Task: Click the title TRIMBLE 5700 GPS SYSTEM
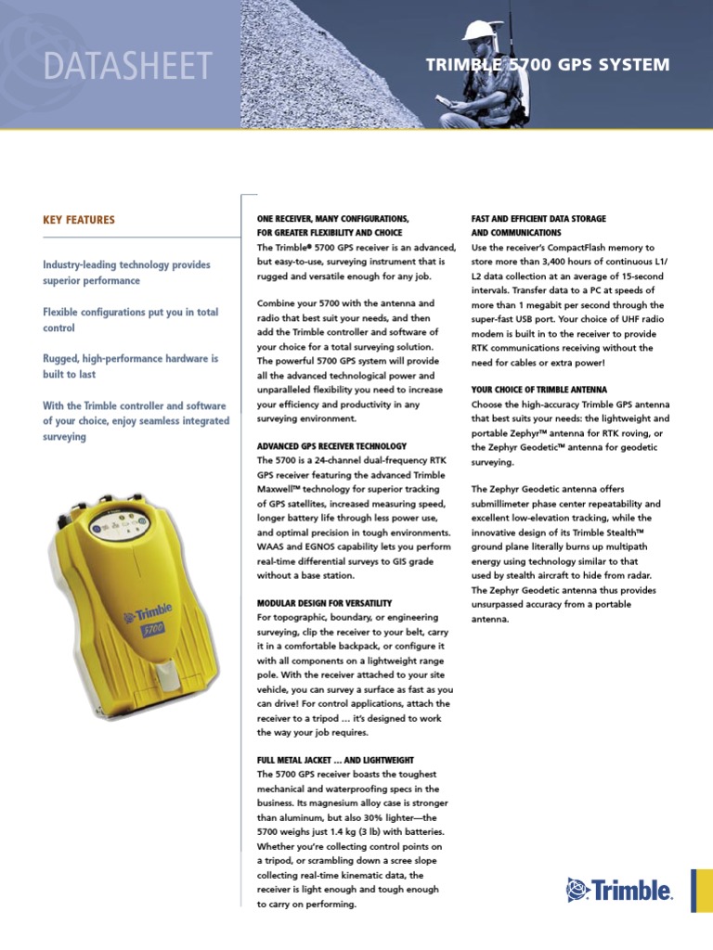[547, 65]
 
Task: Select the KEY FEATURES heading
[79, 220]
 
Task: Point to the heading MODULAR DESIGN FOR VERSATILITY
[324, 603]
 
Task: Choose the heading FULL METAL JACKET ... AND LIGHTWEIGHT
[335, 760]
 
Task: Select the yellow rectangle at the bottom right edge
[702, 891]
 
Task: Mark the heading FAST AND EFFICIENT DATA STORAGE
[538, 219]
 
